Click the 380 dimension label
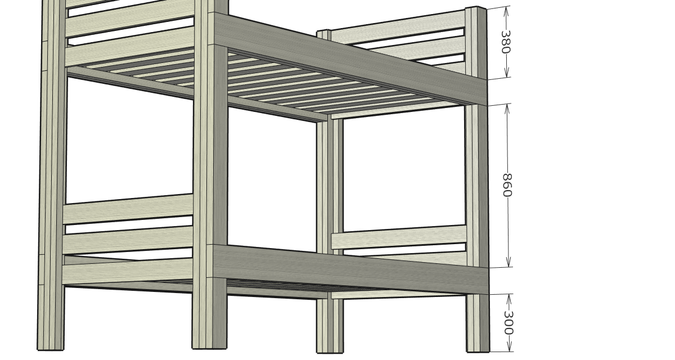pyautogui.click(x=505, y=42)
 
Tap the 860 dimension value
pyautogui.click(x=507, y=185)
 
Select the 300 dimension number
pyautogui.click(x=508, y=323)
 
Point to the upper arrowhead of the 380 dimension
pyautogui.click(x=506, y=11)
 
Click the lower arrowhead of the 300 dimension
pyautogui.click(x=509, y=346)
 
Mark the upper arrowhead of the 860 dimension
pyautogui.click(x=507, y=109)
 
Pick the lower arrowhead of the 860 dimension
pyautogui.click(x=509, y=262)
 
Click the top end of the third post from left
pyautogui.click(x=324, y=31)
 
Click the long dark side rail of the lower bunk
pyautogui.click(x=350, y=269)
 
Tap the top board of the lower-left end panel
pyautogui.click(x=128, y=209)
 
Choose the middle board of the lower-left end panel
pyautogui.click(x=128, y=240)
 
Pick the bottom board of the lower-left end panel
pyautogui.click(x=128, y=271)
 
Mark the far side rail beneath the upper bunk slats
pyautogui.click(x=196, y=94)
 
